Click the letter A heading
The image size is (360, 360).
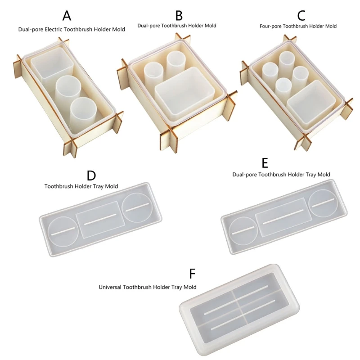(67, 16)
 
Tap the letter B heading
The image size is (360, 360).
(179, 16)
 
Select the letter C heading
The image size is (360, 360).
(301, 16)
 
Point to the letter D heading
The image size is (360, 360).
(91, 175)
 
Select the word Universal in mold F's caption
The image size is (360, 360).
(110, 286)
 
